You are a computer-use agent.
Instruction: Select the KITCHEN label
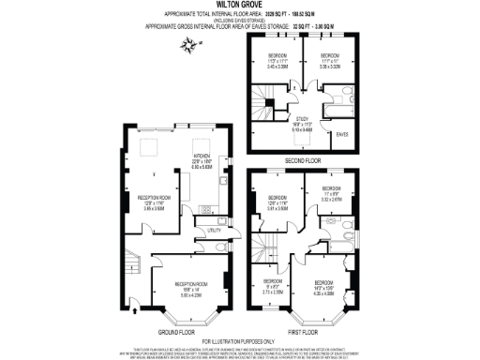(202, 156)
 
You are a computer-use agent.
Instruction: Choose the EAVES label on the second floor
(342, 134)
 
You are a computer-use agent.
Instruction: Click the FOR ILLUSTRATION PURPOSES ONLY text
(240, 340)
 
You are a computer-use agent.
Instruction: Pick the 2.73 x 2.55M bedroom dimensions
(273, 292)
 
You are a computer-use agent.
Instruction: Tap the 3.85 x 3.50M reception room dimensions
(147, 209)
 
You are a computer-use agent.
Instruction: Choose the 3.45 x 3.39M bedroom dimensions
(277, 67)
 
